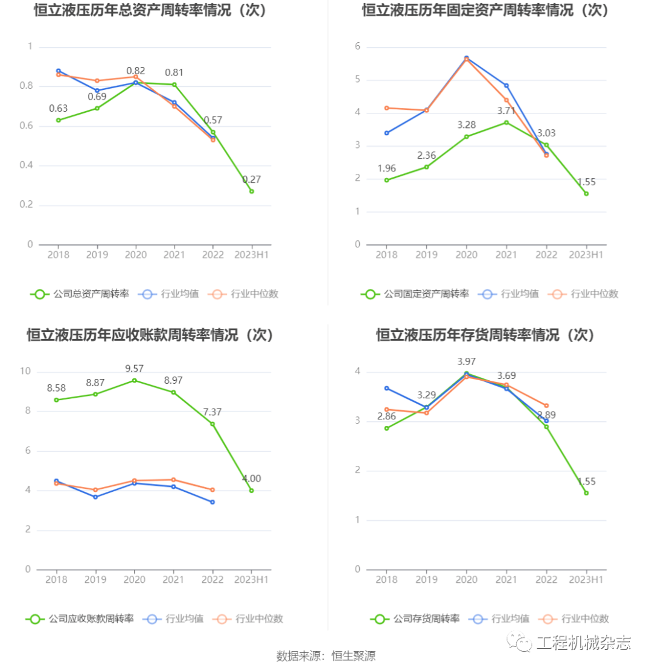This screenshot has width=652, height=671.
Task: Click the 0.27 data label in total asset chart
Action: pos(252,179)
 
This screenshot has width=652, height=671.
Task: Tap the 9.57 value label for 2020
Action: pos(134,368)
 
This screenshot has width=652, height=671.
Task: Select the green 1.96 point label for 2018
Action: pos(387,168)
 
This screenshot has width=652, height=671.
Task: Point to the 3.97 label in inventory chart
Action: pos(466,361)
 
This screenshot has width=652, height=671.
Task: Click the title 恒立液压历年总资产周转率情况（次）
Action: pos(150,10)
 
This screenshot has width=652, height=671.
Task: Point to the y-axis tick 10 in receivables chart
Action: pos(26,371)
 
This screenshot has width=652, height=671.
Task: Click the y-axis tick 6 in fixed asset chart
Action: pos(357,46)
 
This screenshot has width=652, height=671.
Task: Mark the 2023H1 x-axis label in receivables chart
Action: pos(252,579)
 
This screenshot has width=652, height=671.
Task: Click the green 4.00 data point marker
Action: pos(252,491)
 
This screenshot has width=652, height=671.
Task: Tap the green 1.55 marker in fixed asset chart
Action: pos(586,194)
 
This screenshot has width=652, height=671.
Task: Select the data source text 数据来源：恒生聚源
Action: pos(326,655)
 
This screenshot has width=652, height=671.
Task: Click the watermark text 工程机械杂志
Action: pos(583,643)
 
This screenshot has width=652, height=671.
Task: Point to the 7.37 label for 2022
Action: pos(213,412)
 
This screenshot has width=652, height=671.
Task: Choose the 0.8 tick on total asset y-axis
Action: pos(26,86)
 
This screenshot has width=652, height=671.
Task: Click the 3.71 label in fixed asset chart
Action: pos(506,110)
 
